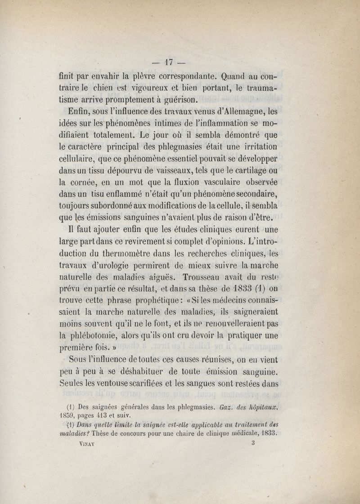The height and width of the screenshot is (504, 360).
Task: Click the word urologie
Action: click(x=119, y=265)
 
